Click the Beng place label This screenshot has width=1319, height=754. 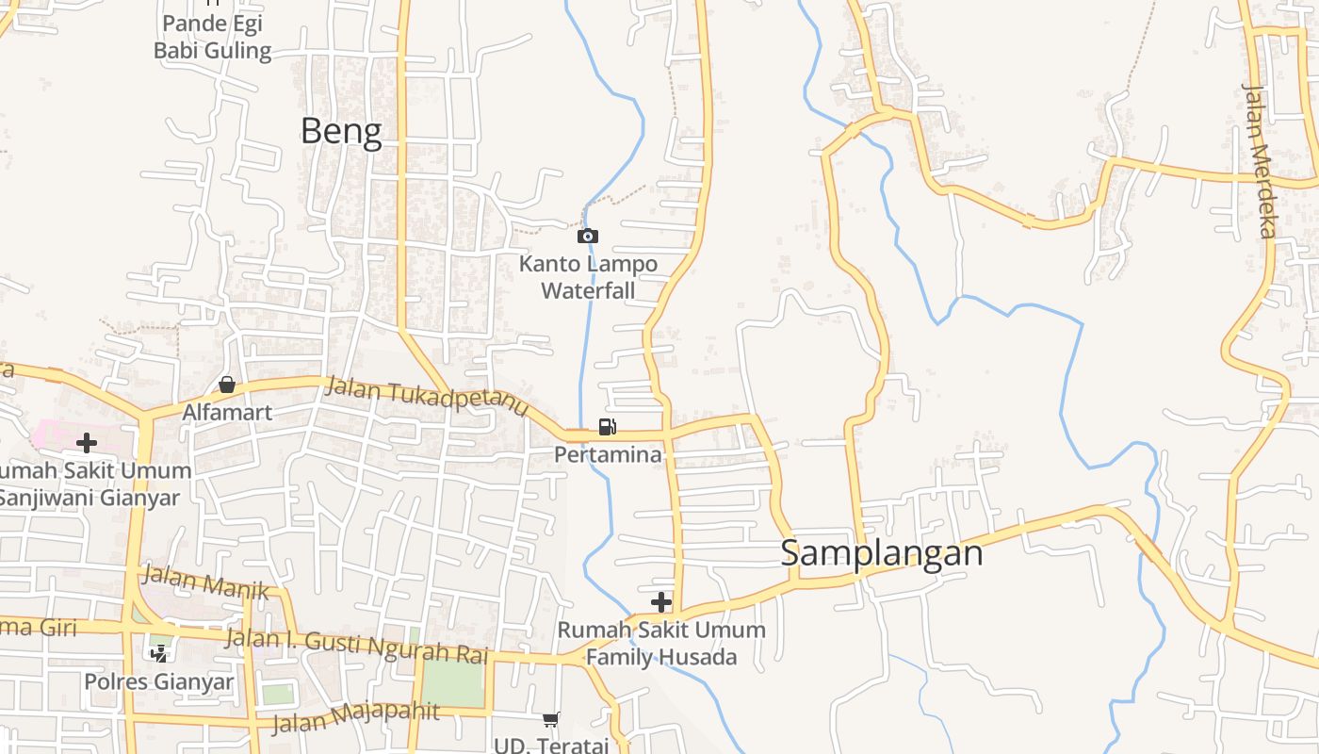click(341, 132)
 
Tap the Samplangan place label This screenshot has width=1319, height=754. click(881, 553)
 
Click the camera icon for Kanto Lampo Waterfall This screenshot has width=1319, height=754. click(588, 236)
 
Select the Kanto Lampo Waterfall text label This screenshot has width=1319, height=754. click(589, 277)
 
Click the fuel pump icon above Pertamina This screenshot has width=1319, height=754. click(608, 427)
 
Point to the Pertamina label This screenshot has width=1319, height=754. click(608, 455)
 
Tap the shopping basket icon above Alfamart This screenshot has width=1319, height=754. click(227, 385)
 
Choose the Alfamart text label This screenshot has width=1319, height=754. click(227, 413)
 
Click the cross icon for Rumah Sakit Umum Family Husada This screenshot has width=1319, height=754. click(661, 602)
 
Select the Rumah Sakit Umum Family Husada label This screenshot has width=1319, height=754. click(661, 643)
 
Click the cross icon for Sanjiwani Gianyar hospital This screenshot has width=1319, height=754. click(87, 442)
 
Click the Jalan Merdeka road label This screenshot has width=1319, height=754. click(1260, 160)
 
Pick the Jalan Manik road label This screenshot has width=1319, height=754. click(204, 582)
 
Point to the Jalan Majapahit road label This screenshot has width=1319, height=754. click(356, 716)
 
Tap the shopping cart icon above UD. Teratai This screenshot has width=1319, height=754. click(551, 720)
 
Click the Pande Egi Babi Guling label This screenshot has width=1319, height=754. click(212, 37)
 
